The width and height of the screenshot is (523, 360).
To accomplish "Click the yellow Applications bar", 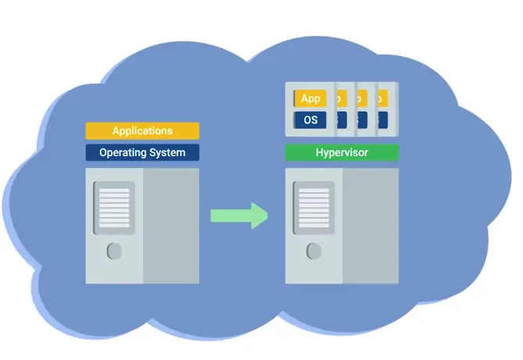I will coord(142,130).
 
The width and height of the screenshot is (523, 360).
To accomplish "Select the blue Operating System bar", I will coord(142,152).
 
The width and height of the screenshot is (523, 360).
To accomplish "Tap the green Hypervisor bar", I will coord(342,152).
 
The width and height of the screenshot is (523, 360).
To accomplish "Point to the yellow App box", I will coord(311,99).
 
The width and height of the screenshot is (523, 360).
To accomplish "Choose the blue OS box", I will coord(311,119).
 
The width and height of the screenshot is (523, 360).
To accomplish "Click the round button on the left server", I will coord(114,251).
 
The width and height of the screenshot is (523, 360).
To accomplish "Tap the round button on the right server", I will coord(314,251).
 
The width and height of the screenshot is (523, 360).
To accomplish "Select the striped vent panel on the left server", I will coord(114,207).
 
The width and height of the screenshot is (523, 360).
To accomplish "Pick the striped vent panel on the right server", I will coord(314,207).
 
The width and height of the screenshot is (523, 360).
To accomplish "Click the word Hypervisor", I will coord(342,152).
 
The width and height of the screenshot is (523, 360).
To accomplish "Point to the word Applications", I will coord(142,130).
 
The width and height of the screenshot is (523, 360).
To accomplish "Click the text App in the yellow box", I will coord(311,99).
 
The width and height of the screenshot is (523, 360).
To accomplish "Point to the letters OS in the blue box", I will coord(311,119).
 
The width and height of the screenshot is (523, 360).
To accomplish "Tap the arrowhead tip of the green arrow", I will coord(265,215).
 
